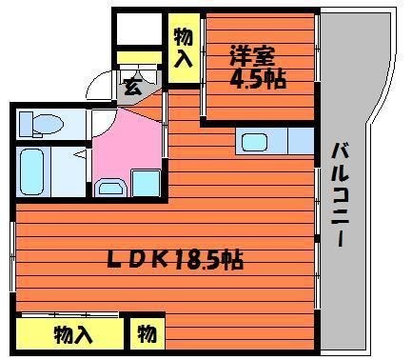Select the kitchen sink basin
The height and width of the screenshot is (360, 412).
pyautogui.click(x=255, y=143)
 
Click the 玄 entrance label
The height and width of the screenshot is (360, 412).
pyautogui.click(x=131, y=88)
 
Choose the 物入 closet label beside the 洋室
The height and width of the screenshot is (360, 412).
pyautogui.click(x=184, y=47)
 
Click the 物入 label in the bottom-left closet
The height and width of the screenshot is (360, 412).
pyautogui.click(x=73, y=334)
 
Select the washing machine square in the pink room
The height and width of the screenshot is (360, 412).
pyautogui.click(x=146, y=181)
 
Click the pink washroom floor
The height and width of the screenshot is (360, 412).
pyautogui.click(x=124, y=143)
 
